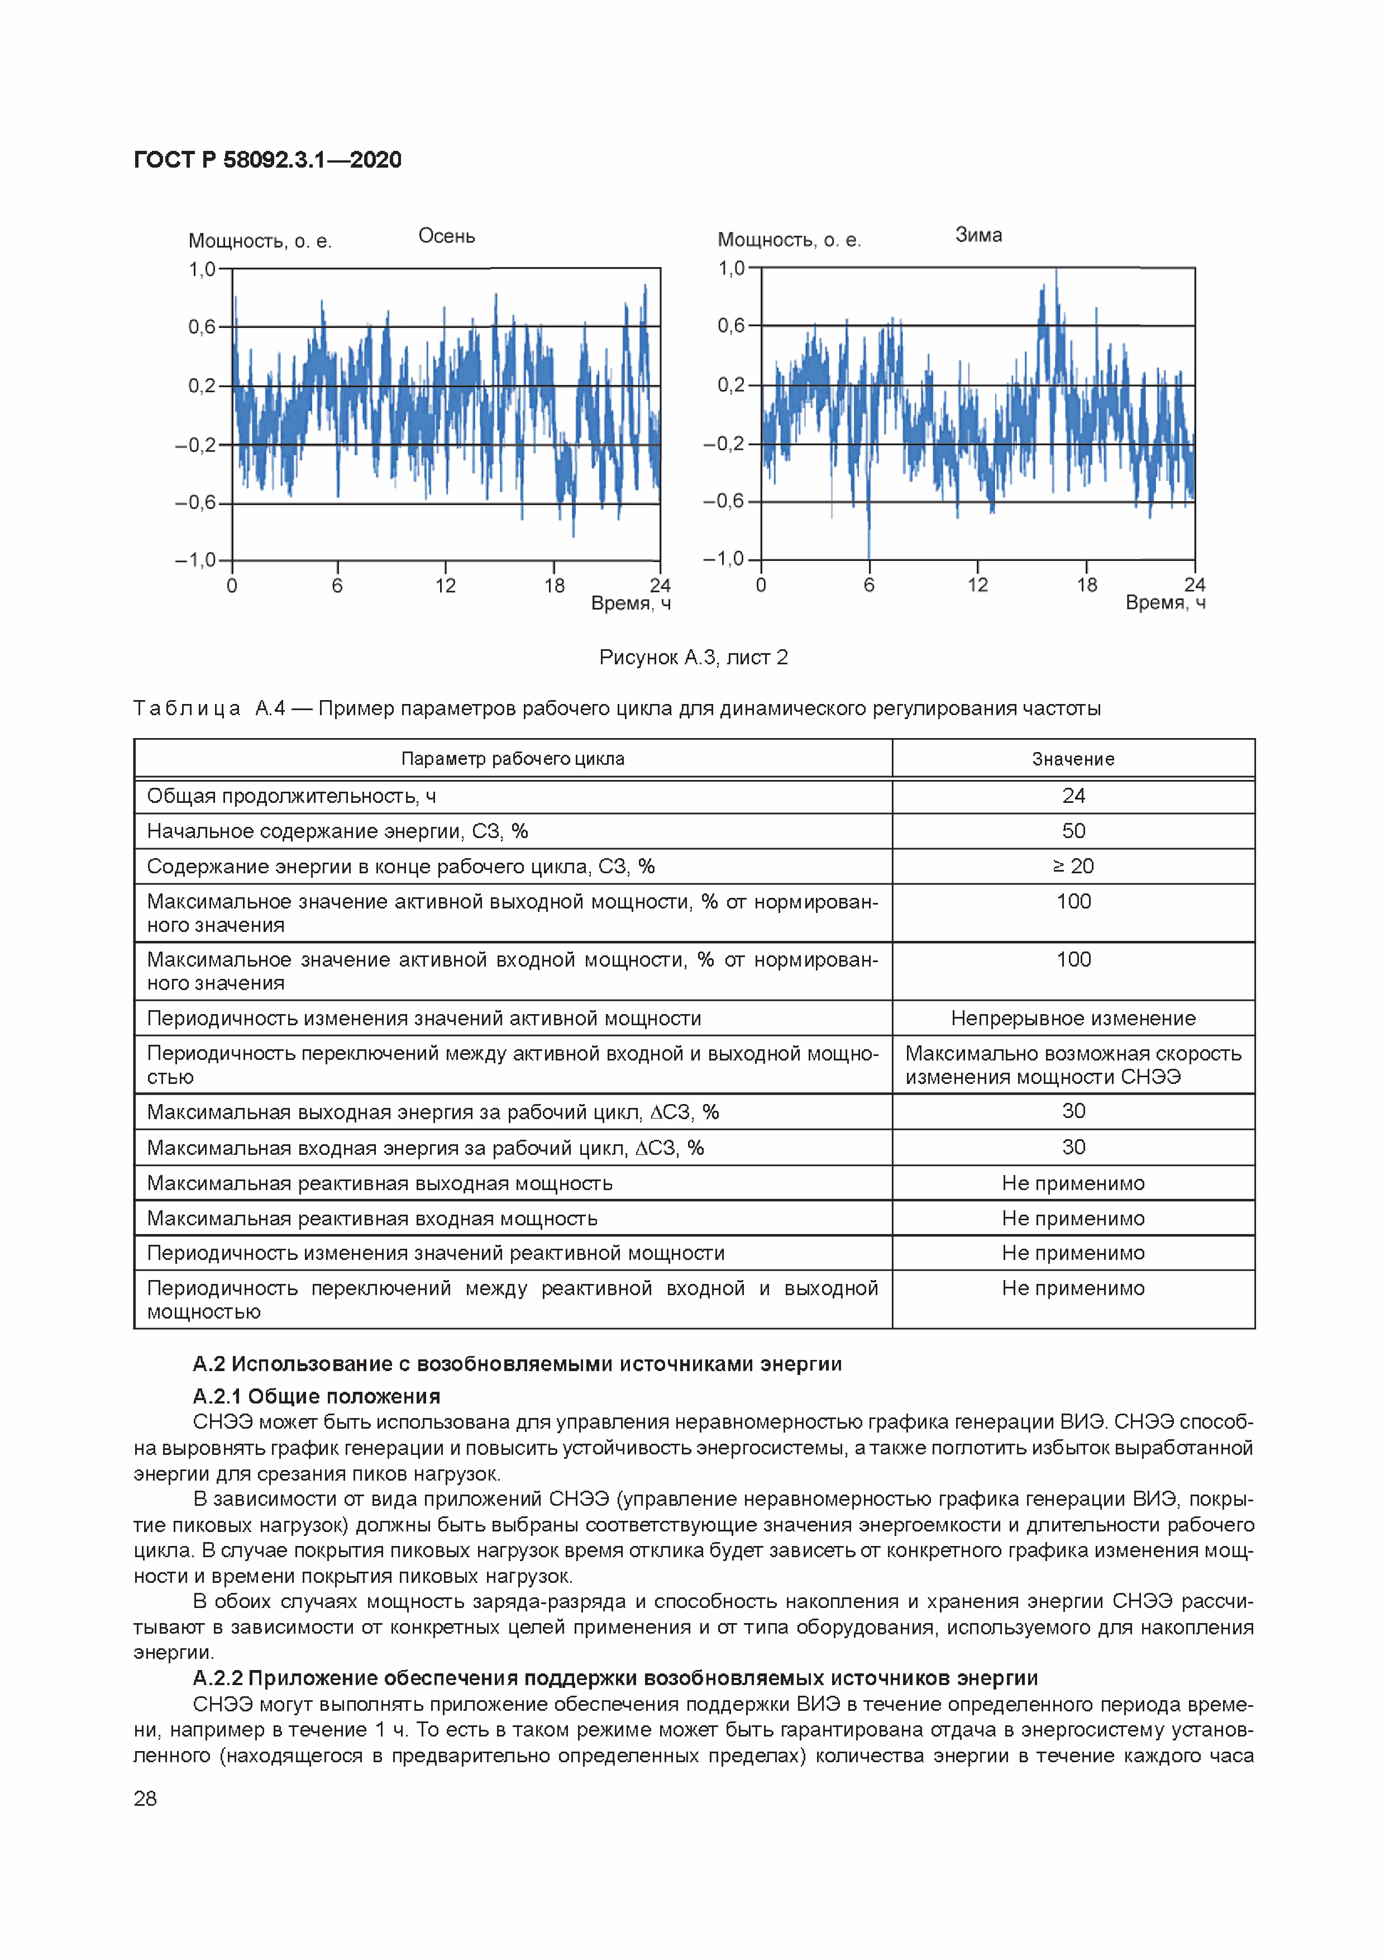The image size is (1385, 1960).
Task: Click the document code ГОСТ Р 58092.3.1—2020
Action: pos(267,160)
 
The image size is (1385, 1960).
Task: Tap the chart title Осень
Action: pos(446,236)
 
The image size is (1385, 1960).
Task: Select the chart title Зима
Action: pos(978,235)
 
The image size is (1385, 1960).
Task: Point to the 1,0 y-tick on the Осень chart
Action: pos(202,270)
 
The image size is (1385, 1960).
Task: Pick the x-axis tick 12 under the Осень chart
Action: pos(446,586)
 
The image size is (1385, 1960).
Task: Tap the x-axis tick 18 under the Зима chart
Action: pos(1086,585)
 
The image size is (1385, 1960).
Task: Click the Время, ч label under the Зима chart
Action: pos(1165,603)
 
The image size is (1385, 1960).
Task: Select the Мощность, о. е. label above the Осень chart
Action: pos(260,241)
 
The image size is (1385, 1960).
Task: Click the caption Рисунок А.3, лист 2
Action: pos(693,657)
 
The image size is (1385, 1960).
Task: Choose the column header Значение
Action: pos(1073,759)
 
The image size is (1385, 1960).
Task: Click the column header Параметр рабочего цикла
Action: pos(513,759)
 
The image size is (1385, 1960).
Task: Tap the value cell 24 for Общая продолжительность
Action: pos(1073,796)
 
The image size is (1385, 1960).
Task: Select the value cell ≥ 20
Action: pos(1073,867)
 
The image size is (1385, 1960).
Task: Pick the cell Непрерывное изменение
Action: pos(1073,1019)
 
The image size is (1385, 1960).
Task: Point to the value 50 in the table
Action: pos(1073,831)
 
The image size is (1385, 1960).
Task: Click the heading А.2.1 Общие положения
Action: pos(317,1397)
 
